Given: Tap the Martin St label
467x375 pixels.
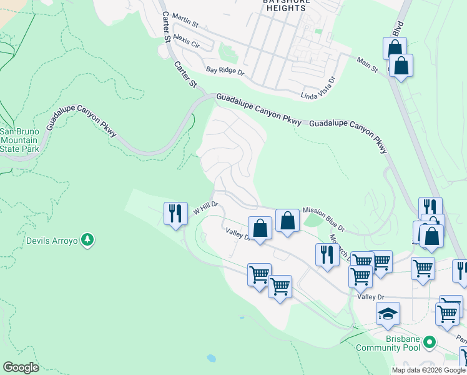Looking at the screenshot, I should tap(185, 24).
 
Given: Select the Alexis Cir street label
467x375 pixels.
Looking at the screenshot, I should tap(187, 41).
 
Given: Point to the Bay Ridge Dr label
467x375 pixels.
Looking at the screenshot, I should tap(225, 71).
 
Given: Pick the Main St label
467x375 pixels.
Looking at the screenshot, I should tap(367, 64).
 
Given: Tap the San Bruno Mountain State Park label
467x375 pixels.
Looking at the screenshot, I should tap(19, 140).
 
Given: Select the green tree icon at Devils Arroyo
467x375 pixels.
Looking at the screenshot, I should tap(88, 239).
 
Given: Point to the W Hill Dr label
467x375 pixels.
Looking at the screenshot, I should tap(205, 207).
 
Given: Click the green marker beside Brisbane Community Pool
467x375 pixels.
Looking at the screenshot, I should tap(429, 342).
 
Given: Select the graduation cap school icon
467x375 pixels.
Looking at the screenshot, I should tap(388, 313).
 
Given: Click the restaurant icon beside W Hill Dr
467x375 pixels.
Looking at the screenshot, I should tap(175, 214).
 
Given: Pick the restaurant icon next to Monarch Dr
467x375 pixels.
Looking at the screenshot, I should tap(327, 254).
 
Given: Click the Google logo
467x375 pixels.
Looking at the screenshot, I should tap(21, 367).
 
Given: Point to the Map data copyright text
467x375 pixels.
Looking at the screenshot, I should tap(428, 370).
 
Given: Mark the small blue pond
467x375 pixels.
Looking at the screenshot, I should tap(211, 359).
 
